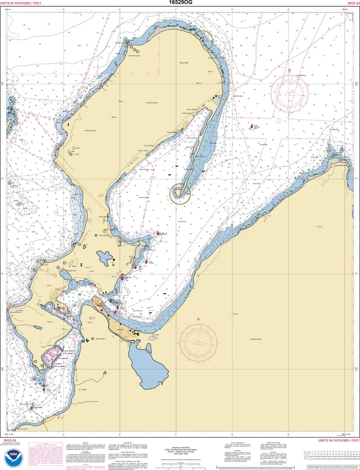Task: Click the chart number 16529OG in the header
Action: [x=180, y=3]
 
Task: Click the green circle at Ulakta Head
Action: [x=204, y=40]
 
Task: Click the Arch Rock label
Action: [x=19, y=310]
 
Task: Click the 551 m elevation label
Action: [x=319, y=227]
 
